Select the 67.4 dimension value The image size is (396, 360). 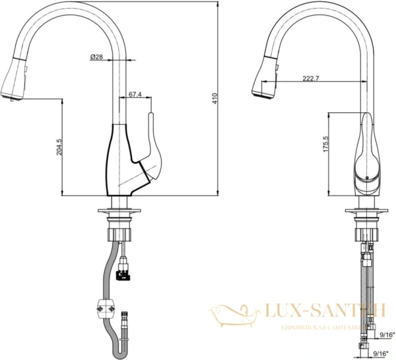point(135,95)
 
